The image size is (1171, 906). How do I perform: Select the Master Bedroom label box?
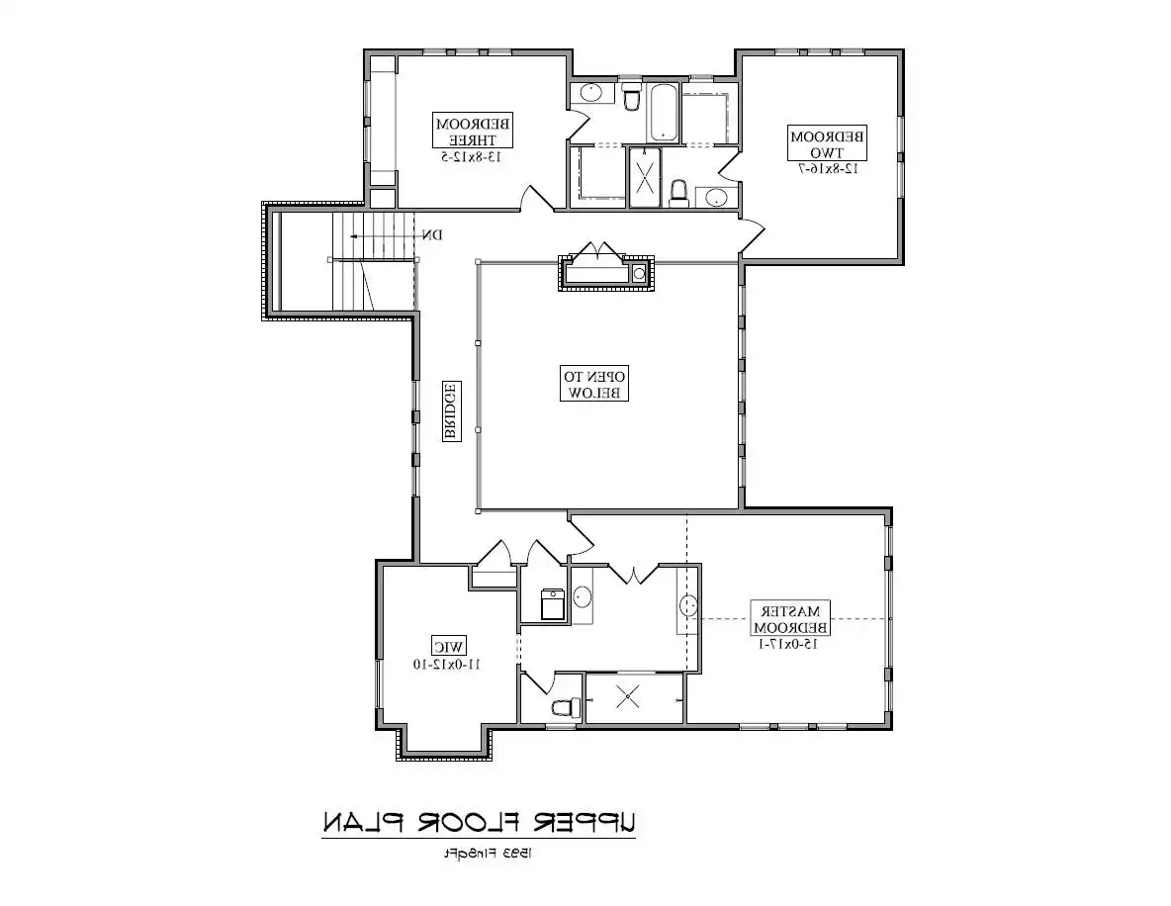click(790, 618)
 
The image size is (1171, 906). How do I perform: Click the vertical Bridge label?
click(448, 411)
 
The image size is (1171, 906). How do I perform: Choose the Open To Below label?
click(594, 384)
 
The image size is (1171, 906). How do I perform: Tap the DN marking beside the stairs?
click(431, 235)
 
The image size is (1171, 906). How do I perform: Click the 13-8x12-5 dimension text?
click(473, 156)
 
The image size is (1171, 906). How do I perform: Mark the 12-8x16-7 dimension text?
click(827, 169)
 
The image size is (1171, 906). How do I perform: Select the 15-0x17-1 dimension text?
click(790, 644)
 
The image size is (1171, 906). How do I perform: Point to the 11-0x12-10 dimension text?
click(446, 665)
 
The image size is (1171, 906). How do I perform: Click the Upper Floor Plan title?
click(479, 822)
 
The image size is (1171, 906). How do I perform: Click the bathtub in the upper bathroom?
click(663, 114)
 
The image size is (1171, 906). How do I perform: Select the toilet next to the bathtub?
click(631, 98)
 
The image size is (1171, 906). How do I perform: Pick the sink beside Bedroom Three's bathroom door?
click(590, 94)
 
